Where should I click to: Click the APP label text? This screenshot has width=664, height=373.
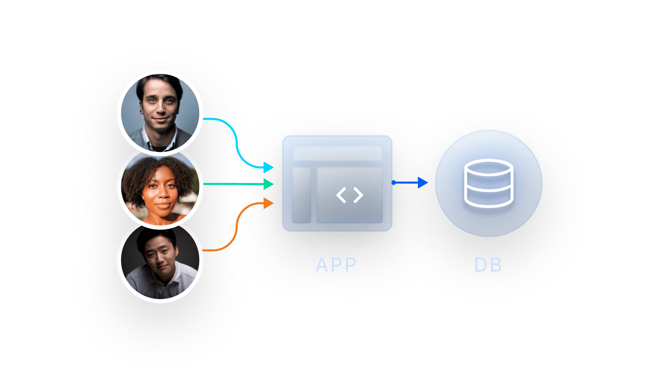(x=336, y=265)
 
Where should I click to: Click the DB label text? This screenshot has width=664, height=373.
(x=488, y=265)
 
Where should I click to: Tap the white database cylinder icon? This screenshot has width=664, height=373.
(x=488, y=183)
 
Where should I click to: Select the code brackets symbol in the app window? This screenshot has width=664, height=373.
(x=350, y=195)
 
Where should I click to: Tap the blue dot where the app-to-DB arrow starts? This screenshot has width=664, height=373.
(x=394, y=182)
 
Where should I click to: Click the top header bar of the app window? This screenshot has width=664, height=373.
(x=337, y=153)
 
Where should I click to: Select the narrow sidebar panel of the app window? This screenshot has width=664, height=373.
(x=301, y=195)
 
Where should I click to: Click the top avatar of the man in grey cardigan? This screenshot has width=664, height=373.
(x=160, y=112)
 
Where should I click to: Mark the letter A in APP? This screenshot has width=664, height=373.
(x=322, y=265)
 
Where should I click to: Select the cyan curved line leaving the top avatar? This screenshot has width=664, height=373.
(x=235, y=138)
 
